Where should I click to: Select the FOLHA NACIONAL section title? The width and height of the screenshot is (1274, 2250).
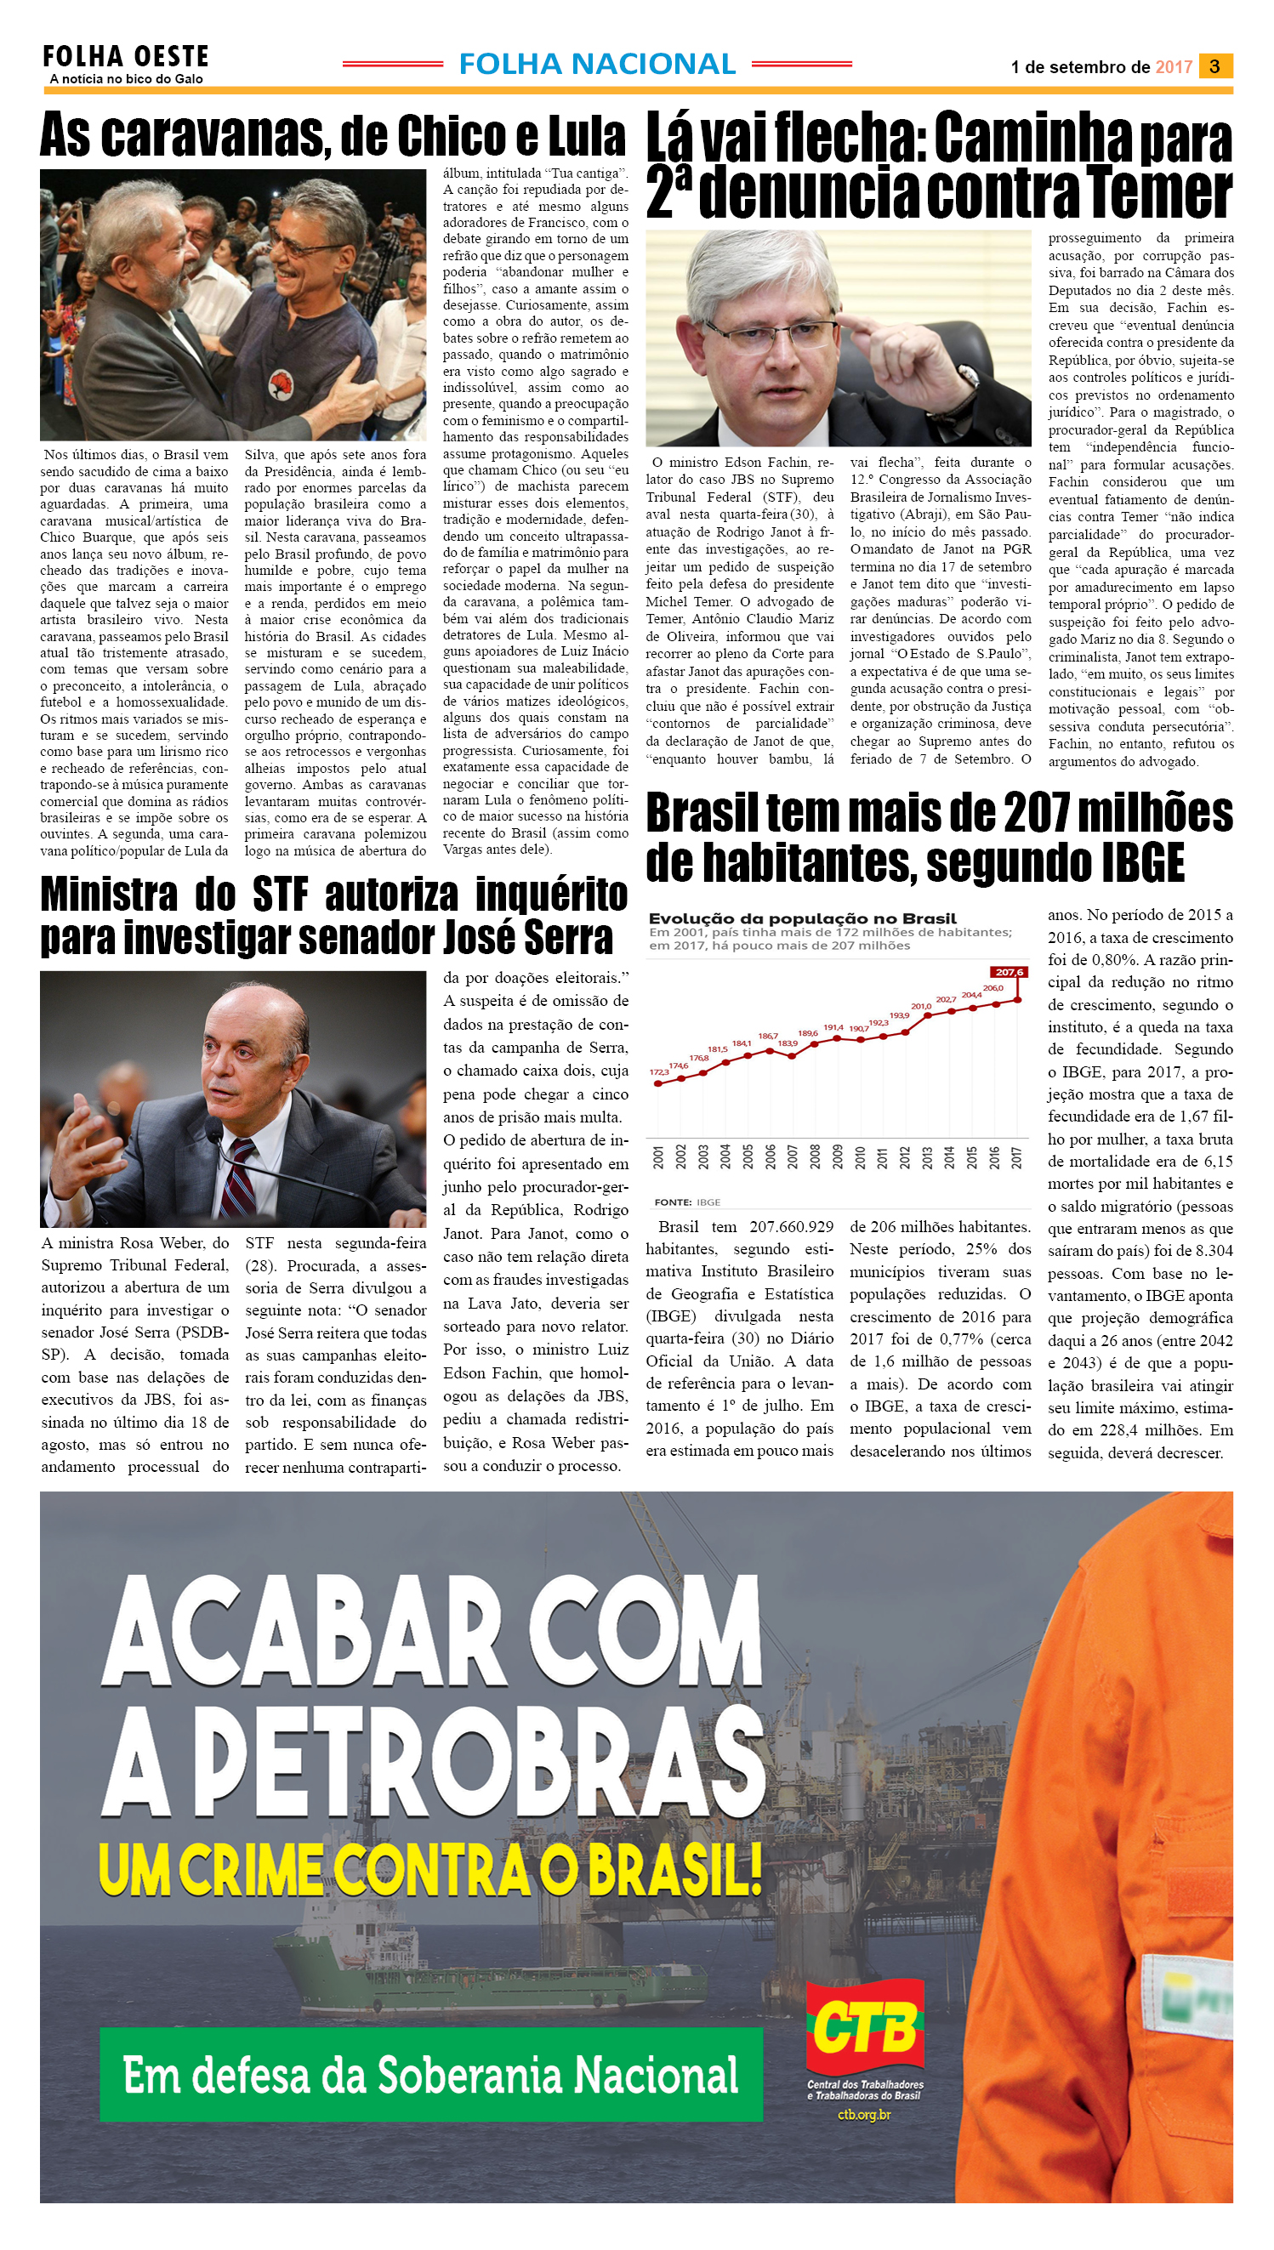(597, 64)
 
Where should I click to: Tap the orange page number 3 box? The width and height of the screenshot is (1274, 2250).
(1214, 66)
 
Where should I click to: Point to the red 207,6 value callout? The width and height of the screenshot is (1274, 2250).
(1009, 972)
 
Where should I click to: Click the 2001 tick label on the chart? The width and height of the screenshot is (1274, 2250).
(658, 1157)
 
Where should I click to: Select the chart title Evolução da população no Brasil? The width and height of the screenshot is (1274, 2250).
(802, 918)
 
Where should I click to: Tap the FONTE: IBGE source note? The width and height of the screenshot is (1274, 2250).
(687, 1202)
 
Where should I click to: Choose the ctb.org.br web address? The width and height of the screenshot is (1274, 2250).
(864, 2115)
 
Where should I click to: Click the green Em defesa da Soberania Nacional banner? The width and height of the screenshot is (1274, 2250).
(430, 2074)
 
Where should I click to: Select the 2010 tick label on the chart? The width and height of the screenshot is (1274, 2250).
(859, 1157)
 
